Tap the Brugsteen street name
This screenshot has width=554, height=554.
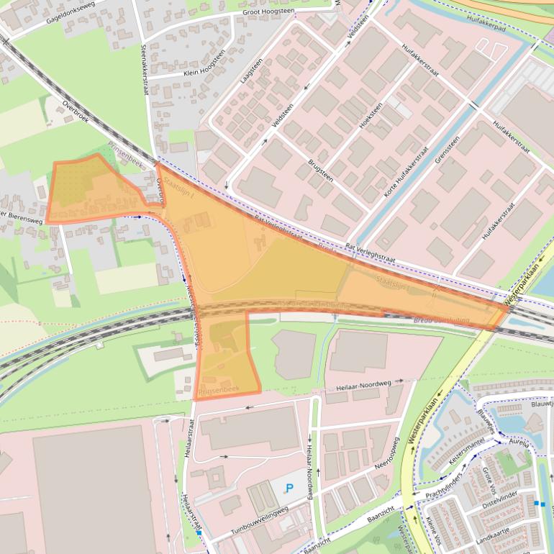tap(322, 171)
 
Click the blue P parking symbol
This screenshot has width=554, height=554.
tap(289, 488)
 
